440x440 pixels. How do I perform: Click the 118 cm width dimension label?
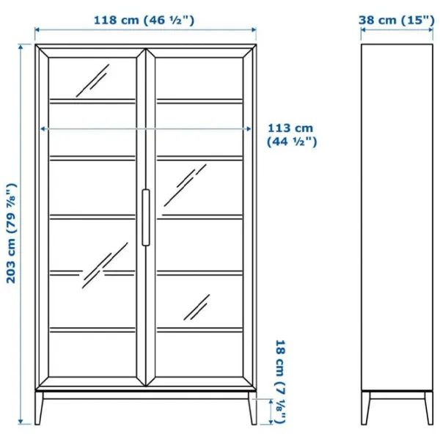(144, 21)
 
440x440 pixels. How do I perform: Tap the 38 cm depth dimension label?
(397, 21)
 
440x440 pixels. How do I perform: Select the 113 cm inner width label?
(292, 135)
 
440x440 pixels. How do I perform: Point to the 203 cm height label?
(12, 233)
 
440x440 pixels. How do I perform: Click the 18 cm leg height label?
(280, 381)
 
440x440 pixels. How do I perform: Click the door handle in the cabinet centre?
(146, 218)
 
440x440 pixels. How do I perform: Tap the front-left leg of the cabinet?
(39, 408)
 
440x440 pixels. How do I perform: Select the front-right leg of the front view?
(252, 408)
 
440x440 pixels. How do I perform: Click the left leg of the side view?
(365, 408)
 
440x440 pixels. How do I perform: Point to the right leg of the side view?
(429, 408)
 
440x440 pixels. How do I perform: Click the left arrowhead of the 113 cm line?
(43, 129)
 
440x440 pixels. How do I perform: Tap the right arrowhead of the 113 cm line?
(249, 129)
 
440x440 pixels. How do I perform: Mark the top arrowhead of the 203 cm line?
(21, 47)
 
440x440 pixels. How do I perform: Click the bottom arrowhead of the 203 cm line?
(21, 422)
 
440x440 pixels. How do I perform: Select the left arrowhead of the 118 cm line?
(37, 30)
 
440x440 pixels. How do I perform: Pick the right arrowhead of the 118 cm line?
(254, 30)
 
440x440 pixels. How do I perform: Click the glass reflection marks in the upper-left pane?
(92, 81)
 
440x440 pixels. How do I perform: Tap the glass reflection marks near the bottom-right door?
(197, 307)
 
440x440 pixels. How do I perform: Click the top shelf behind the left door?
(92, 101)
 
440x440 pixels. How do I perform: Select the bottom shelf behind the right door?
(199, 330)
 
